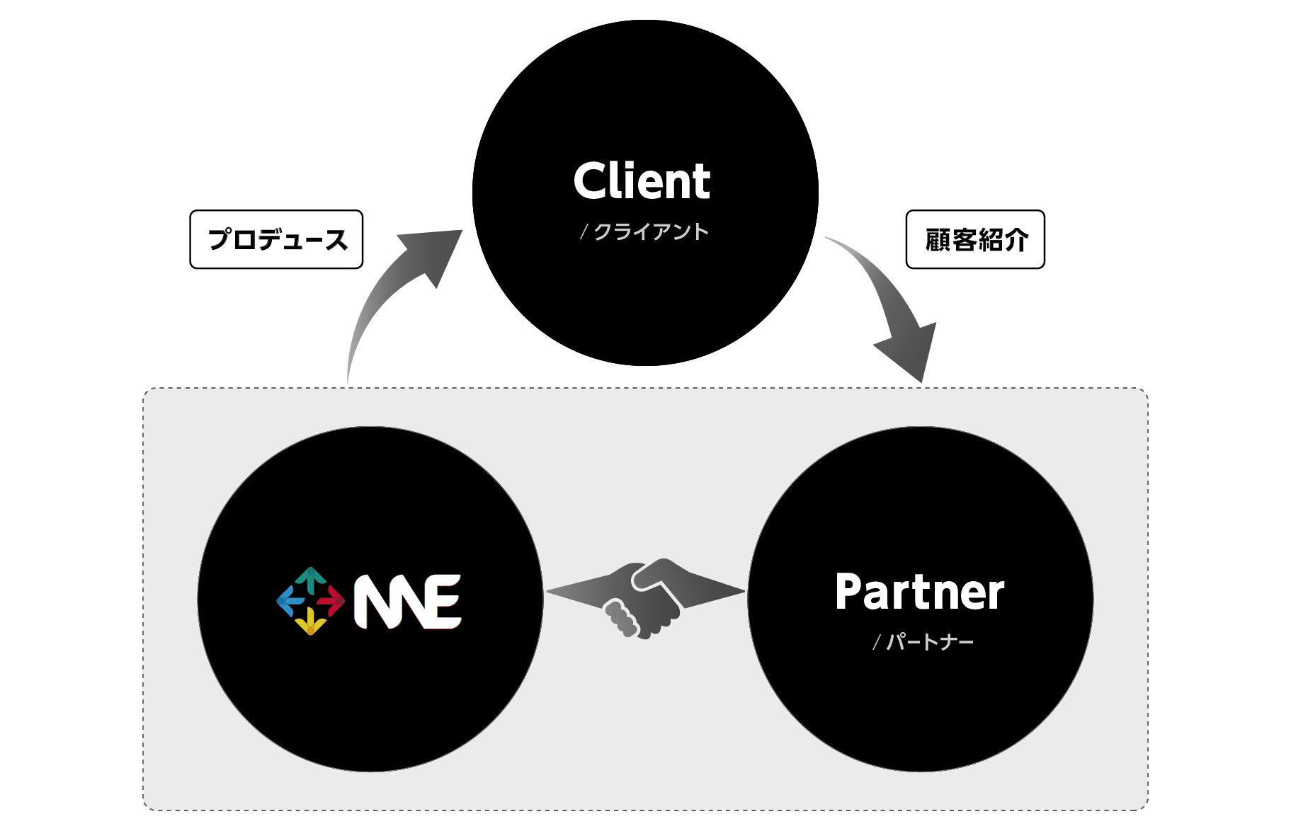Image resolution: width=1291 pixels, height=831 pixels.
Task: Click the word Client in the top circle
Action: tap(642, 181)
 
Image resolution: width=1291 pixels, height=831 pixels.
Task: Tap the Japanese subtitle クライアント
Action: tap(651, 231)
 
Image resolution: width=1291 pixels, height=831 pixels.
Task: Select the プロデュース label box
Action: tap(276, 239)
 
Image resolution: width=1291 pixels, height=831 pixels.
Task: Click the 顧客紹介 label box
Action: tap(975, 239)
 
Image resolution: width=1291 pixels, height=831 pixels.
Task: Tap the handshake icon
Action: tap(644, 598)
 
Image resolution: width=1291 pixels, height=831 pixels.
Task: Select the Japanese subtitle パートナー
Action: tap(930, 642)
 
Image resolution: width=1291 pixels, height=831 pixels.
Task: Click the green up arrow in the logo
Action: tap(310, 578)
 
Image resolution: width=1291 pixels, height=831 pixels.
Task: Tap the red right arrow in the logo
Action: tap(331, 601)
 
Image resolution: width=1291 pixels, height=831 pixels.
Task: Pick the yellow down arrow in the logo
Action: tap(310, 623)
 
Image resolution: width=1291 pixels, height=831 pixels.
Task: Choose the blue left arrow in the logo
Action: tap(289, 601)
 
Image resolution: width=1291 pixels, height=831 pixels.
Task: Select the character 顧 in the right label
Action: tap(938, 240)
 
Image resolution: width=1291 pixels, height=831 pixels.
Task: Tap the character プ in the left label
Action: tap(220, 239)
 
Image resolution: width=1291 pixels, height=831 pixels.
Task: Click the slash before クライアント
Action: tap(584, 232)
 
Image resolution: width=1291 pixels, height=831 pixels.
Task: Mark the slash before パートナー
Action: tap(877, 643)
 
